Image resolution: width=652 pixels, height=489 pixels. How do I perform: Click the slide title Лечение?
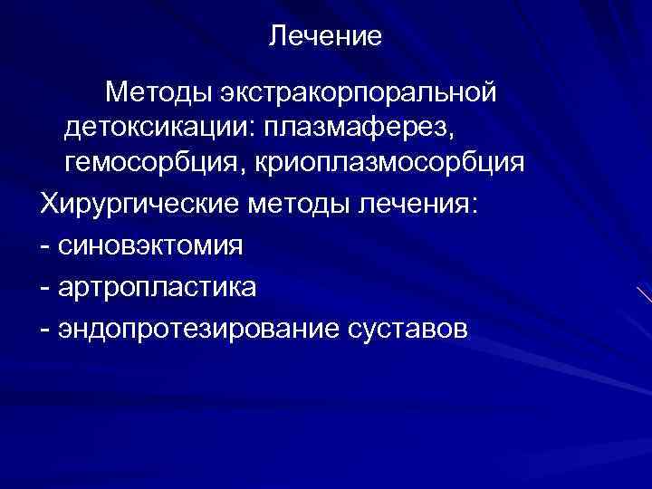click(326, 37)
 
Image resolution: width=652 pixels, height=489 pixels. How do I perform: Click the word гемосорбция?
click(149, 163)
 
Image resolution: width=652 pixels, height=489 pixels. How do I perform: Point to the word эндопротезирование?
click(197, 330)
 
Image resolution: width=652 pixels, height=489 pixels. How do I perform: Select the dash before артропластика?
click(45, 288)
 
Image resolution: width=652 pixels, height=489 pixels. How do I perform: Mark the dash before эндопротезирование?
click(45, 330)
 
